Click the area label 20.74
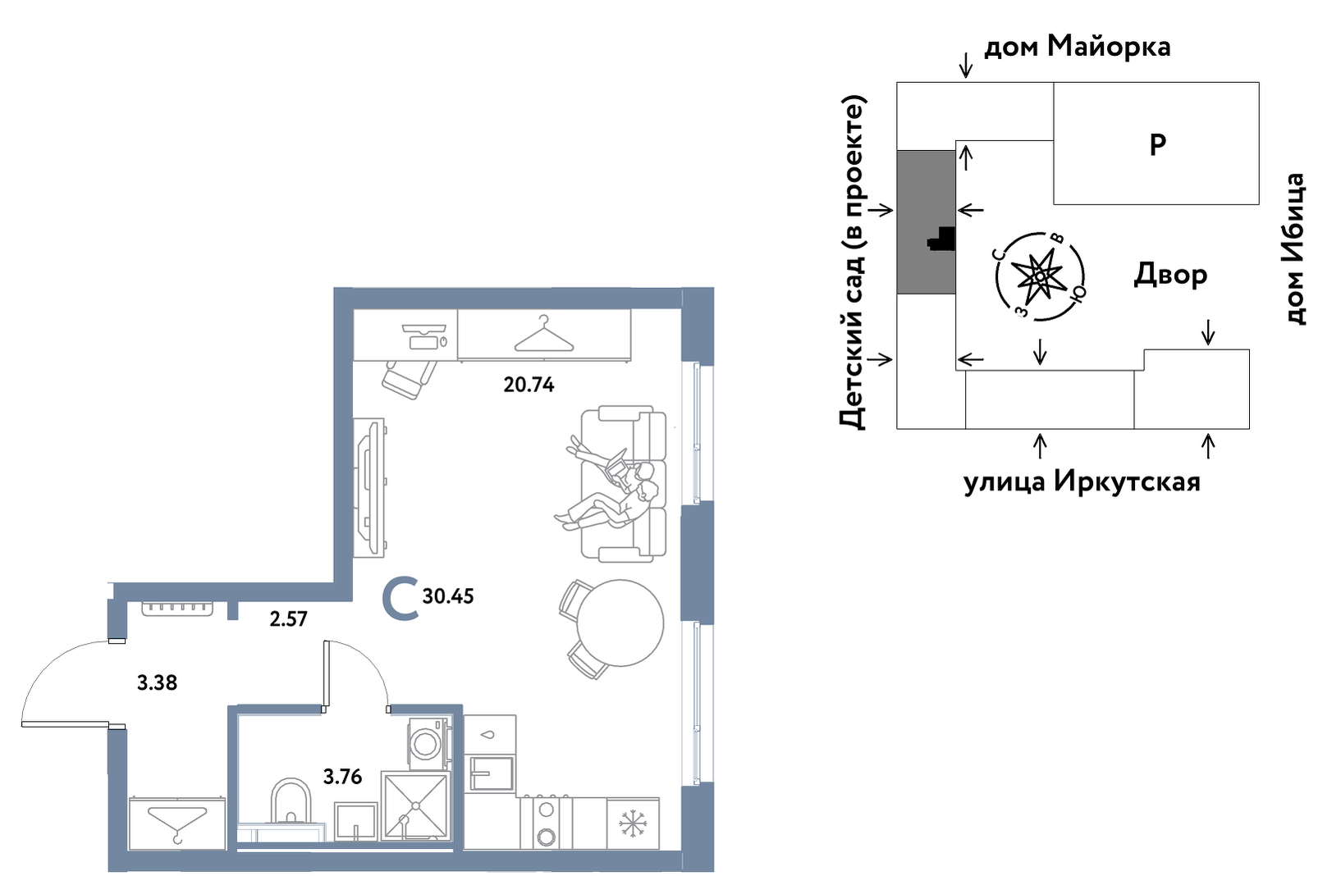(529, 384)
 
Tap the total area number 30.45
(448, 596)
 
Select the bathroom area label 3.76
(342, 776)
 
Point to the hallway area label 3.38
(157, 682)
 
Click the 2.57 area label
(288, 619)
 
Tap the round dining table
(620, 623)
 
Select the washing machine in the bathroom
(427, 743)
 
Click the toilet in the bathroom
(291, 802)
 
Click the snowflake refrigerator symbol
(633, 823)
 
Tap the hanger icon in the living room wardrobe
(544, 335)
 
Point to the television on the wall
(370, 488)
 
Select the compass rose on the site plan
(1040, 276)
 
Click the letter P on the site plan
(1157, 144)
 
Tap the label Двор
(1170, 275)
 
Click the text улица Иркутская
(1082, 481)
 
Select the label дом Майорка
(1077, 47)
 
